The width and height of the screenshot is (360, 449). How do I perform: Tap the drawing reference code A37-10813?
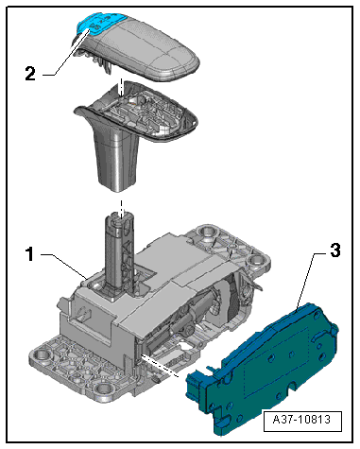point(300,420)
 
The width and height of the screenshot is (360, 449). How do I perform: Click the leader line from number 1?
point(61,264)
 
